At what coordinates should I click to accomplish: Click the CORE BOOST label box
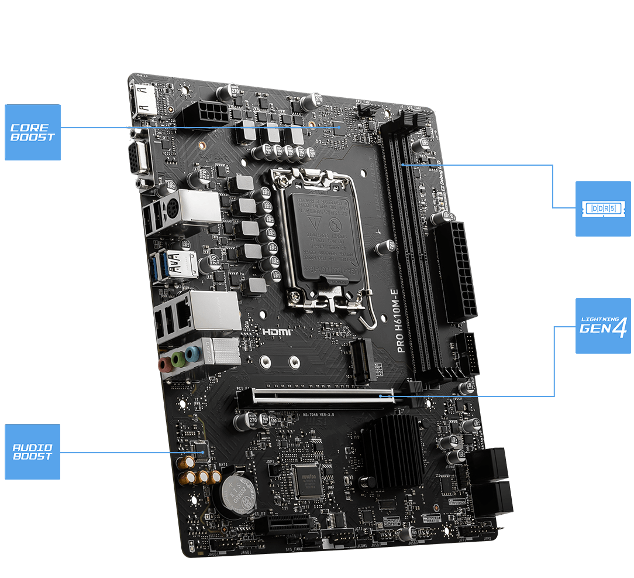coord(33,132)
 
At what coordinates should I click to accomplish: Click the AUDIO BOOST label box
coord(33,452)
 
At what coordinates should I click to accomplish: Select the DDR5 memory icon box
coord(603,208)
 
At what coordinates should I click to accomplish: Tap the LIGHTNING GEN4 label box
coord(603,326)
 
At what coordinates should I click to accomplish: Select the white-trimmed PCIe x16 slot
coord(316,396)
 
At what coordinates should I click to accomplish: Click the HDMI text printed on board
coord(277,331)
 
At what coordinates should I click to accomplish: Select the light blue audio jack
coord(191,353)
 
